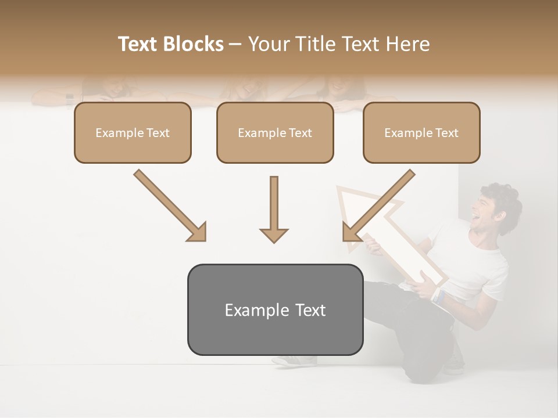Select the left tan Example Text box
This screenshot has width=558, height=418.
pos(133,132)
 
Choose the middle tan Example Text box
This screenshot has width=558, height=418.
pos(275,132)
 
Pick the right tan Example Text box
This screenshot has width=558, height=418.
pos(421,132)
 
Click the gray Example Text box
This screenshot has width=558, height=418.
pos(275,309)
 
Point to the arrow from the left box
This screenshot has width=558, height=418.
pos(170,205)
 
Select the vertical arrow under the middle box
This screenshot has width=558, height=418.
pos(274,209)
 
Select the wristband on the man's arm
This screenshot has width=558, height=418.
pos(439,296)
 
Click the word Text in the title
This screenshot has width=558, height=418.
pos(138,44)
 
